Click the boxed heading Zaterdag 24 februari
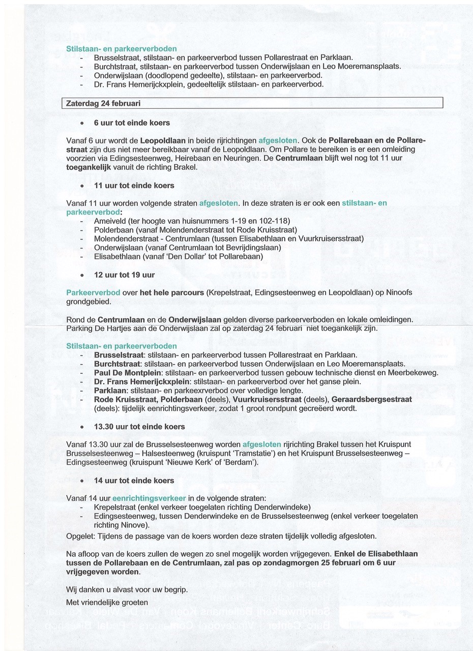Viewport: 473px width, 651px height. [104, 103]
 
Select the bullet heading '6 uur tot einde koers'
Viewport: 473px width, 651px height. [132, 123]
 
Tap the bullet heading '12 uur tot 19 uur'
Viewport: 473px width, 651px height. [124, 275]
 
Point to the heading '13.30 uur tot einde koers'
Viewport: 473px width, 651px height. [139, 426]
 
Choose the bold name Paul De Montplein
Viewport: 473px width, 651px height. [125, 373]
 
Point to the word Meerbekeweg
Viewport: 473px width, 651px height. [415, 373]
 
